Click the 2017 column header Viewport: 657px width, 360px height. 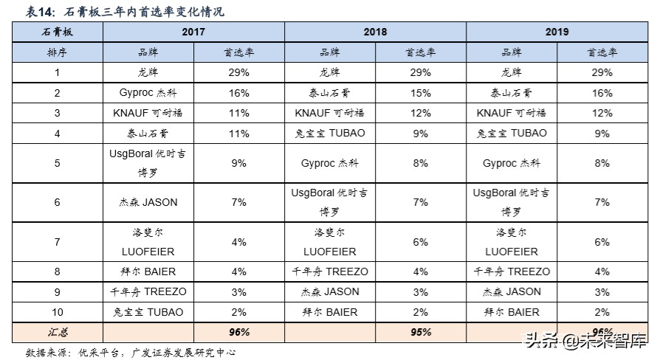pyautogui.click(x=193, y=32)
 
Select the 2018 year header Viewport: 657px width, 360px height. pyautogui.click(x=375, y=32)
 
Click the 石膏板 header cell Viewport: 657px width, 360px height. pyautogui.click(x=57, y=32)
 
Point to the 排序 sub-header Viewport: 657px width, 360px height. pyautogui.click(x=57, y=52)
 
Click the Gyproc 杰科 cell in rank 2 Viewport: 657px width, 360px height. pyautogui.click(x=148, y=93)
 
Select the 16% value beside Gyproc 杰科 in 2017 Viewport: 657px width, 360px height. pyautogui.click(x=238, y=93)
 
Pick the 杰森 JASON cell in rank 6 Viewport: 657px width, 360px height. pyautogui.click(x=148, y=202)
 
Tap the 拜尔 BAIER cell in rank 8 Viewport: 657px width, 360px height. pyautogui.click(x=148, y=271)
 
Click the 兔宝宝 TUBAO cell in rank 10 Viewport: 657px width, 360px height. pyautogui.click(x=148, y=312)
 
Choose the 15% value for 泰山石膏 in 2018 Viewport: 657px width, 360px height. pyautogui.click(x=420, y=93)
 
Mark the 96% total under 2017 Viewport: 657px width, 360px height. pyautogui.click(x=238, y=332)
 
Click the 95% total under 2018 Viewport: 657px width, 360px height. pyautogui.click(x=420, y=332)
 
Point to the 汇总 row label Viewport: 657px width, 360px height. pyautogui.click(x=57, y=332)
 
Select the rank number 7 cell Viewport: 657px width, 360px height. pyautogui.click(x=57, y=241)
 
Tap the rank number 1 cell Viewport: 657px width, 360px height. pyautogui.click(x=57, y=72)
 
